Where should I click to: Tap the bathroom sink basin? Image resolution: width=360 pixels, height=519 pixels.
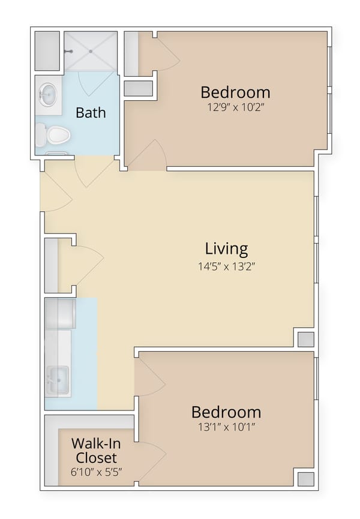[x=48, y=94]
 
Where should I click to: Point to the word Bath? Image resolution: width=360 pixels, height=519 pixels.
[x=91, y=112]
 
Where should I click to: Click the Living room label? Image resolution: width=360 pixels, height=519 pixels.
[x=226, y=248]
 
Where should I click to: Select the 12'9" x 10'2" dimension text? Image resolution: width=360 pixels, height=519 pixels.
[x=235, y=109]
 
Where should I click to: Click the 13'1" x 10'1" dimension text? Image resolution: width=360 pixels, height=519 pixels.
[x=226, y=429]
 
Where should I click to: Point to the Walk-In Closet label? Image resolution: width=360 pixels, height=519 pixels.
[x=94, y=451]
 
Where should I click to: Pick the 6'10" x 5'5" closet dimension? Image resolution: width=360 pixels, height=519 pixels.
[x=94, y=472]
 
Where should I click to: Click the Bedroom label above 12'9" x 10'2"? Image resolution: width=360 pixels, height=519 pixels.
[x=235, y=92]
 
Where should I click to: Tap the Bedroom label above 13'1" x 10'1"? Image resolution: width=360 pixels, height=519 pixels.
[x=226, y=412]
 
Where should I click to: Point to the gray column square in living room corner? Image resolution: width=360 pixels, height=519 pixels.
[x=305, y=339]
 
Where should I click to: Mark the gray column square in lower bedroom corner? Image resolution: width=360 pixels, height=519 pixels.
[x=305, y=478]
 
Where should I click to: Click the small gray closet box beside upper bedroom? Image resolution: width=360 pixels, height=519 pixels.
[x=138, y=88]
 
